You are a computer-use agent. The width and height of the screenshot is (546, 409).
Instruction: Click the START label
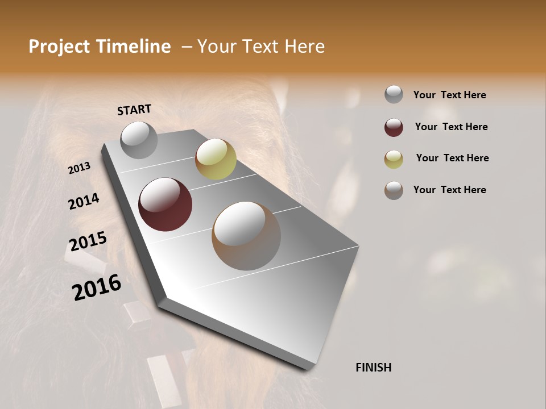point(134,110)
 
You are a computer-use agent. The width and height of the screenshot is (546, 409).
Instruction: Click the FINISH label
point(373,368)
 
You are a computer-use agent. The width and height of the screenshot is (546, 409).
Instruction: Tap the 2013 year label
point(79,168)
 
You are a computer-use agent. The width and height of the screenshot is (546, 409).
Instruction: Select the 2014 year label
point(84,201)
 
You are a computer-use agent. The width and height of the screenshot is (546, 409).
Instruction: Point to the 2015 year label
point(88,241)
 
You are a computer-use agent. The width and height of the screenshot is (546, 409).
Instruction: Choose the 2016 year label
point(97,287)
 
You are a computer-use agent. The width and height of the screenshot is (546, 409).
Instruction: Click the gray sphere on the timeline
point(139,140)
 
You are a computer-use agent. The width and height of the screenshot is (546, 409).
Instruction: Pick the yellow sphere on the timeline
point(216,159)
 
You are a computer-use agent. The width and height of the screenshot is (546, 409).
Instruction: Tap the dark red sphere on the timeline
point(165,204)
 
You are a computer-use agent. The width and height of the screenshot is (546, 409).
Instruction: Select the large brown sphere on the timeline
point(246,236)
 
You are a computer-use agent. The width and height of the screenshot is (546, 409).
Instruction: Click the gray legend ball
point(394,95)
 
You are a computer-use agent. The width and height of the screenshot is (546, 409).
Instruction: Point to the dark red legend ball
point(394,127)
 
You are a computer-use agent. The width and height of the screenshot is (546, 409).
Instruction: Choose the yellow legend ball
point(394,158)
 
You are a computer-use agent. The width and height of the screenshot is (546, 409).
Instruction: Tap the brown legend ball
point(394,190)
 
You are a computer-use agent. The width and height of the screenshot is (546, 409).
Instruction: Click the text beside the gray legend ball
point(449,95)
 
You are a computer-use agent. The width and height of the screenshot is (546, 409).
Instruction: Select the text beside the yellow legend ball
point(452,158)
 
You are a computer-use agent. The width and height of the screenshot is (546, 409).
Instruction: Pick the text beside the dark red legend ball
point(451,127)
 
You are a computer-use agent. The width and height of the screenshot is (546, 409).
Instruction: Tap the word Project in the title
point(59,47)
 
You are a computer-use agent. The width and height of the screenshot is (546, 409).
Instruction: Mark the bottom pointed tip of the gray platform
point(310,369)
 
